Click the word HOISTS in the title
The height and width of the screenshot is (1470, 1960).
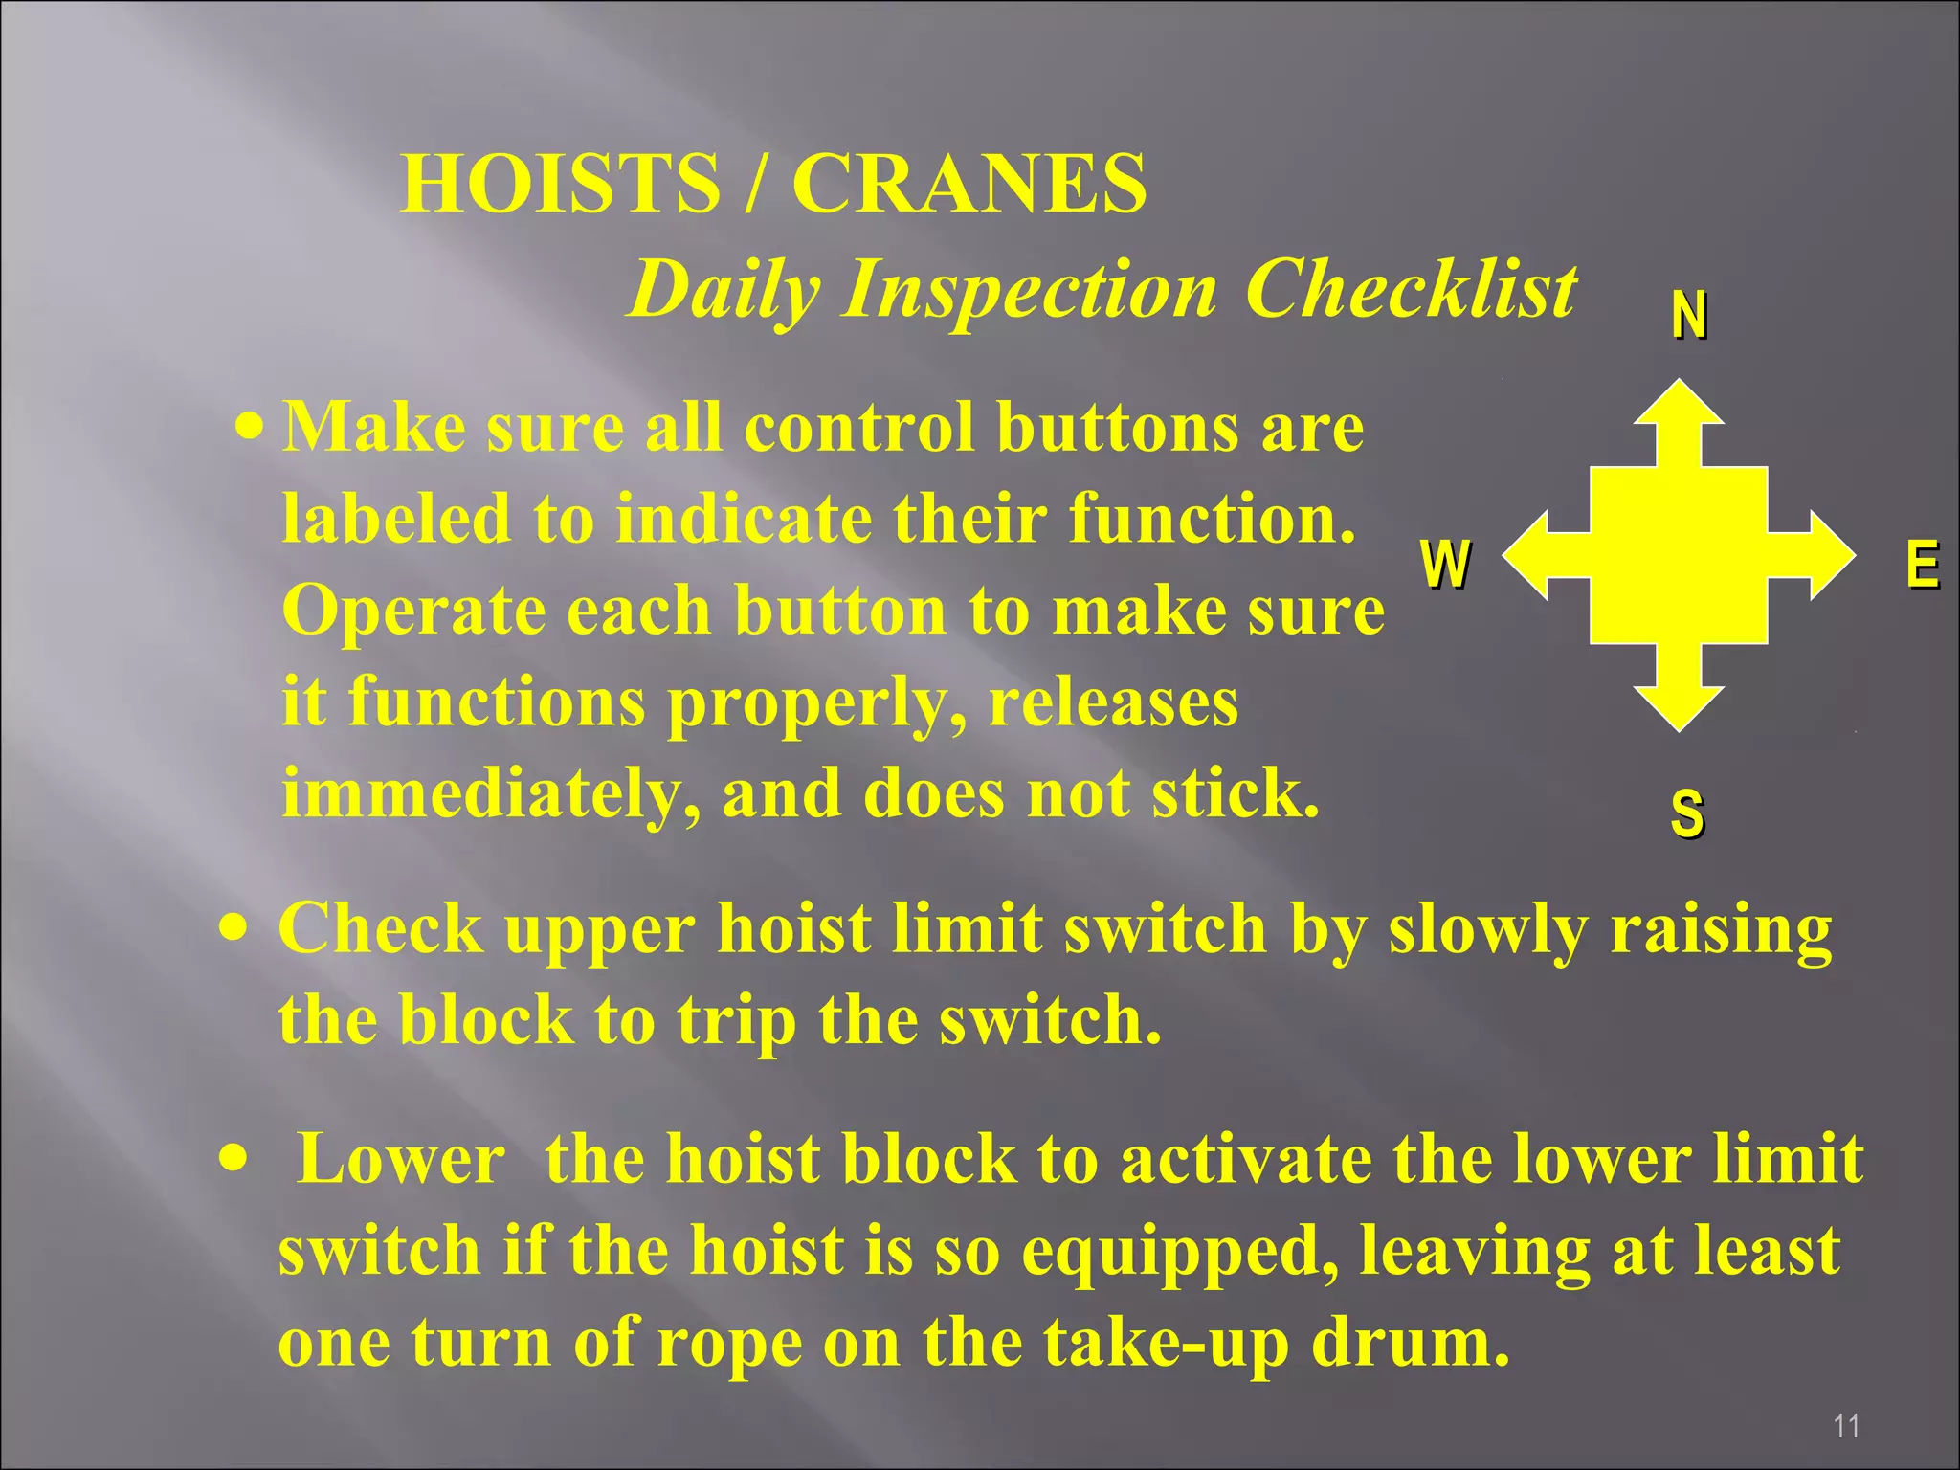click(560, 183)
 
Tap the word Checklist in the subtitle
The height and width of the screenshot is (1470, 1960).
click(1411, 289)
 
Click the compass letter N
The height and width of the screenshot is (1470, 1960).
click(1689, 315)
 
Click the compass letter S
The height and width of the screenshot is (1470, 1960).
click(1687, 813)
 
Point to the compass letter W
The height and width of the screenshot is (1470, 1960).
click(1445, 564)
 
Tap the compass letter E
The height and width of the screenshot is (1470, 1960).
click(1922, 564)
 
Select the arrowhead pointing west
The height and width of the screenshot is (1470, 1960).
click(1527, 555)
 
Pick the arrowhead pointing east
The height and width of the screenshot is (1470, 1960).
click(1830, 555)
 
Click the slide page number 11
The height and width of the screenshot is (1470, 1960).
click(1846, 1426)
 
